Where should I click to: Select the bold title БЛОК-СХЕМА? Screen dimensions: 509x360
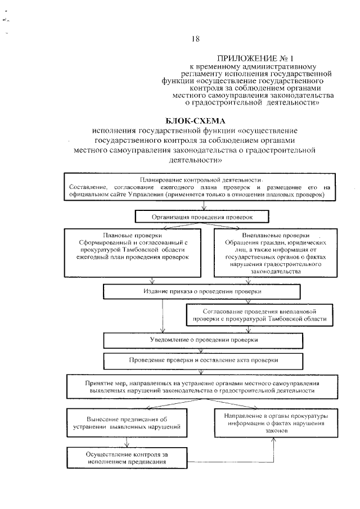[x=195, y=120]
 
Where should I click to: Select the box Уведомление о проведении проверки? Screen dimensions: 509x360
[x=202, y=340]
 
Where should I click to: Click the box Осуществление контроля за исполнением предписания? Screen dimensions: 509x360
[x=127, y=457]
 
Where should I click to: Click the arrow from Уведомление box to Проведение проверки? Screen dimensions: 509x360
[x=202, y=350]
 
